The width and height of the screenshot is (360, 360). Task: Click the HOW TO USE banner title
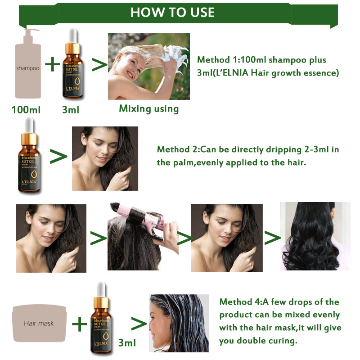coord(172,12)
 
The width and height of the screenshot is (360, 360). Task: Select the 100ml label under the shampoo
coord(27,109)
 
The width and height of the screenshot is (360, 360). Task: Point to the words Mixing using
coord(148,108)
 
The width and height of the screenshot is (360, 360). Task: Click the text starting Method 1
coord(268,66)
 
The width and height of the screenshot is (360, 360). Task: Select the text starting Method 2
coord(247,156)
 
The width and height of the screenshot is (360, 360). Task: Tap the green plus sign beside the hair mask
coord(80,323)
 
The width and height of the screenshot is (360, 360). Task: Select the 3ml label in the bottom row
coord(127,343)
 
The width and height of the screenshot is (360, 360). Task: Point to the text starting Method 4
coord(279,321)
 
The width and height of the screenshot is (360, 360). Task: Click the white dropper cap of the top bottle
coord(73,38)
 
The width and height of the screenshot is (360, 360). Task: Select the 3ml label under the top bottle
coord(71,109)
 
